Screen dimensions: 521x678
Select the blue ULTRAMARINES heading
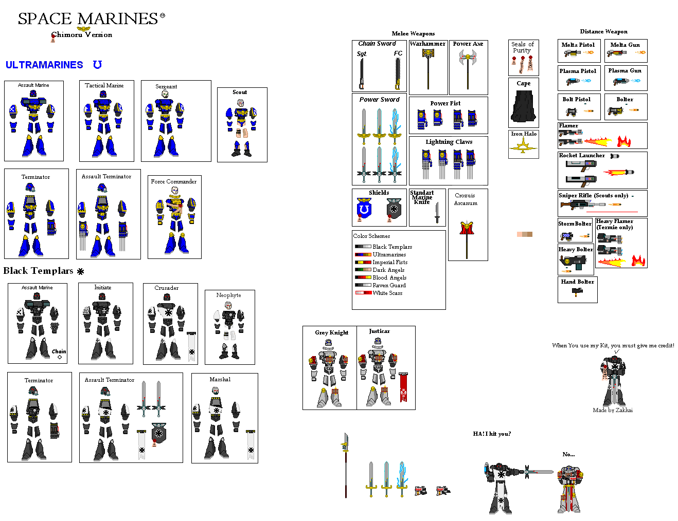[x=44, y=65]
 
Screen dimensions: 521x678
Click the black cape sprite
[x=524, y=106]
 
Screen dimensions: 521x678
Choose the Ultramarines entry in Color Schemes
[x=389, y=254]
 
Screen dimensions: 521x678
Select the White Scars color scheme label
[x=387, y=293]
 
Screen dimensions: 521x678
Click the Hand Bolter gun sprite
[x=577, y=292]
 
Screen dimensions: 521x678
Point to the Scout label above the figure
[x=240, y=92]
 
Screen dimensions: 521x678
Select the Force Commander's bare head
[x=174, y=191]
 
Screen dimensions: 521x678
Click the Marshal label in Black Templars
[x=220, y=379]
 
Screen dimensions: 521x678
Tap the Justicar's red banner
[x=404, y=387]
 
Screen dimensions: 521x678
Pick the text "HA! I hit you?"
[x=492, y=434]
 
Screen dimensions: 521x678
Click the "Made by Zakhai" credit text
[x=613, y=410]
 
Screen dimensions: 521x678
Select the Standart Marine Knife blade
[x=437, y=212]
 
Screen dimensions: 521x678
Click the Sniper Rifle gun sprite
[x=581, y=204]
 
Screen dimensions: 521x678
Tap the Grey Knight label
[x=332, y=332]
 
